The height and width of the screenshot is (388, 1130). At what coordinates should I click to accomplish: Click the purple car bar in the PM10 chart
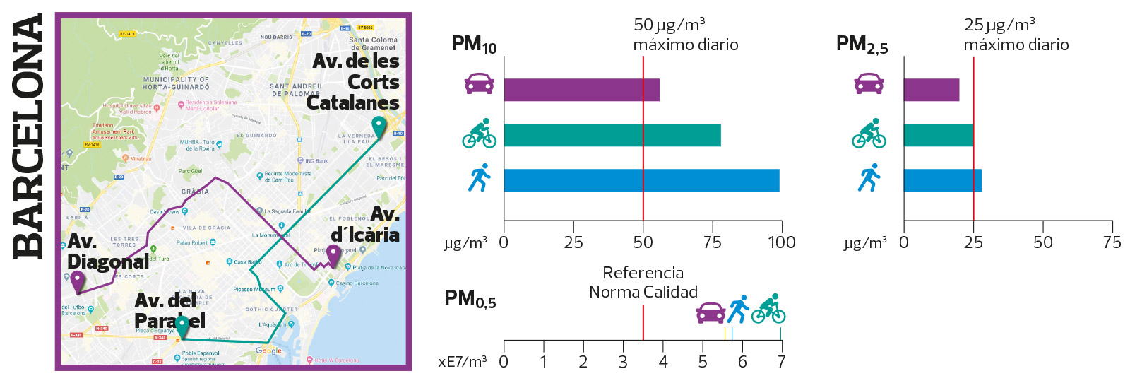click(581, 90)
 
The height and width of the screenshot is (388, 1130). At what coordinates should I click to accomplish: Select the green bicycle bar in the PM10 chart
click(612, 135)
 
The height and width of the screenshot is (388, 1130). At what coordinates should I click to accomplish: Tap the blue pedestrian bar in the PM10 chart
click(641, 180)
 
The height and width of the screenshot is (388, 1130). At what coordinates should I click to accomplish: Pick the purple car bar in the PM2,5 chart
click(931, 90)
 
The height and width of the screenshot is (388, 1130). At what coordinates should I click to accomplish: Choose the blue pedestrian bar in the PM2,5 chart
click(942, 180)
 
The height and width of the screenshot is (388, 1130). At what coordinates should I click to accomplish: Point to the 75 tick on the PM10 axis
click(713, 242)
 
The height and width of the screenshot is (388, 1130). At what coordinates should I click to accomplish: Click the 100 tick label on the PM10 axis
click(782, 242)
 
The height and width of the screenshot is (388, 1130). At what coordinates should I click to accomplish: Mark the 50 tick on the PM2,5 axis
click(1042, 242)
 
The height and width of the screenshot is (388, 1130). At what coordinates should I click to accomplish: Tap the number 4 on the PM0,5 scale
click(662, 362)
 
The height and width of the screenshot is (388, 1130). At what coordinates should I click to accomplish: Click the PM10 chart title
click(474, 45)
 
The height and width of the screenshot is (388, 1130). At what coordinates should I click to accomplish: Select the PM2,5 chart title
click(862, 45)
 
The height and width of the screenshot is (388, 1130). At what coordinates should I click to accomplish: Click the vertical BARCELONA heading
click(29, 136)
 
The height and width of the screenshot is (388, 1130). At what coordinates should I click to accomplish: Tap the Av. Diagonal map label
click(107, 252)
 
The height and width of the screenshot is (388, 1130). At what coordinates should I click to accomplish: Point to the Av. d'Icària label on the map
click(366, 224)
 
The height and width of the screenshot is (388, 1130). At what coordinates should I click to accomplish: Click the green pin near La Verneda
click(379, 127)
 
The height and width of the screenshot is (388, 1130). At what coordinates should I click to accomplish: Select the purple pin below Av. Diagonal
click(78, 281)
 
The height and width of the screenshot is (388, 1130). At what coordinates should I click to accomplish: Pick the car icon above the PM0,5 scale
click(710, 312)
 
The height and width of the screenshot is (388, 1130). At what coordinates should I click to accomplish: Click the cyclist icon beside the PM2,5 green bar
click(869, 133)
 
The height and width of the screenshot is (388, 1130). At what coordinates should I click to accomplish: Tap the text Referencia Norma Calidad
click(643, 282)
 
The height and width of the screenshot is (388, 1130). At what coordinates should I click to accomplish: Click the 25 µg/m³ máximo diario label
click(1016, 35)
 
